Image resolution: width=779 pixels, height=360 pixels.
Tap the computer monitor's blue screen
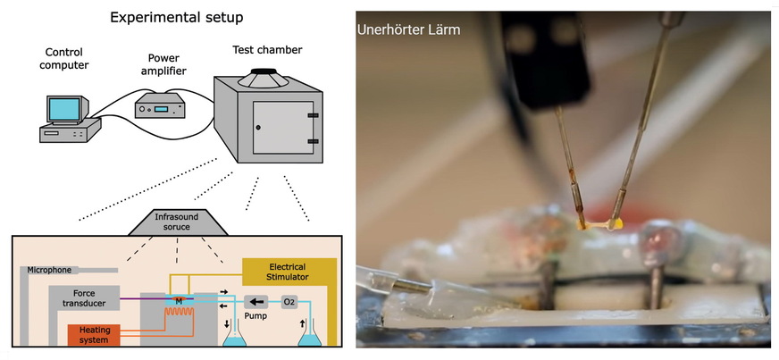pyautogui.click(x=64, y=109)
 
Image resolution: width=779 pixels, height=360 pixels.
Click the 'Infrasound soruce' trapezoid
pyautogui.click(x=182, y=221)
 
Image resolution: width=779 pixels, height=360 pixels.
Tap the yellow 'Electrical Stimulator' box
pyautogui.click(x=289, y=272)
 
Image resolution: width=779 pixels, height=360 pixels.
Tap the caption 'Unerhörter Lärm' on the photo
pyautogui.click(x=408, y=29)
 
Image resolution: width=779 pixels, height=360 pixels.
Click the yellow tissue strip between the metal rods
pyautogui.click(x=598, y=223)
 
